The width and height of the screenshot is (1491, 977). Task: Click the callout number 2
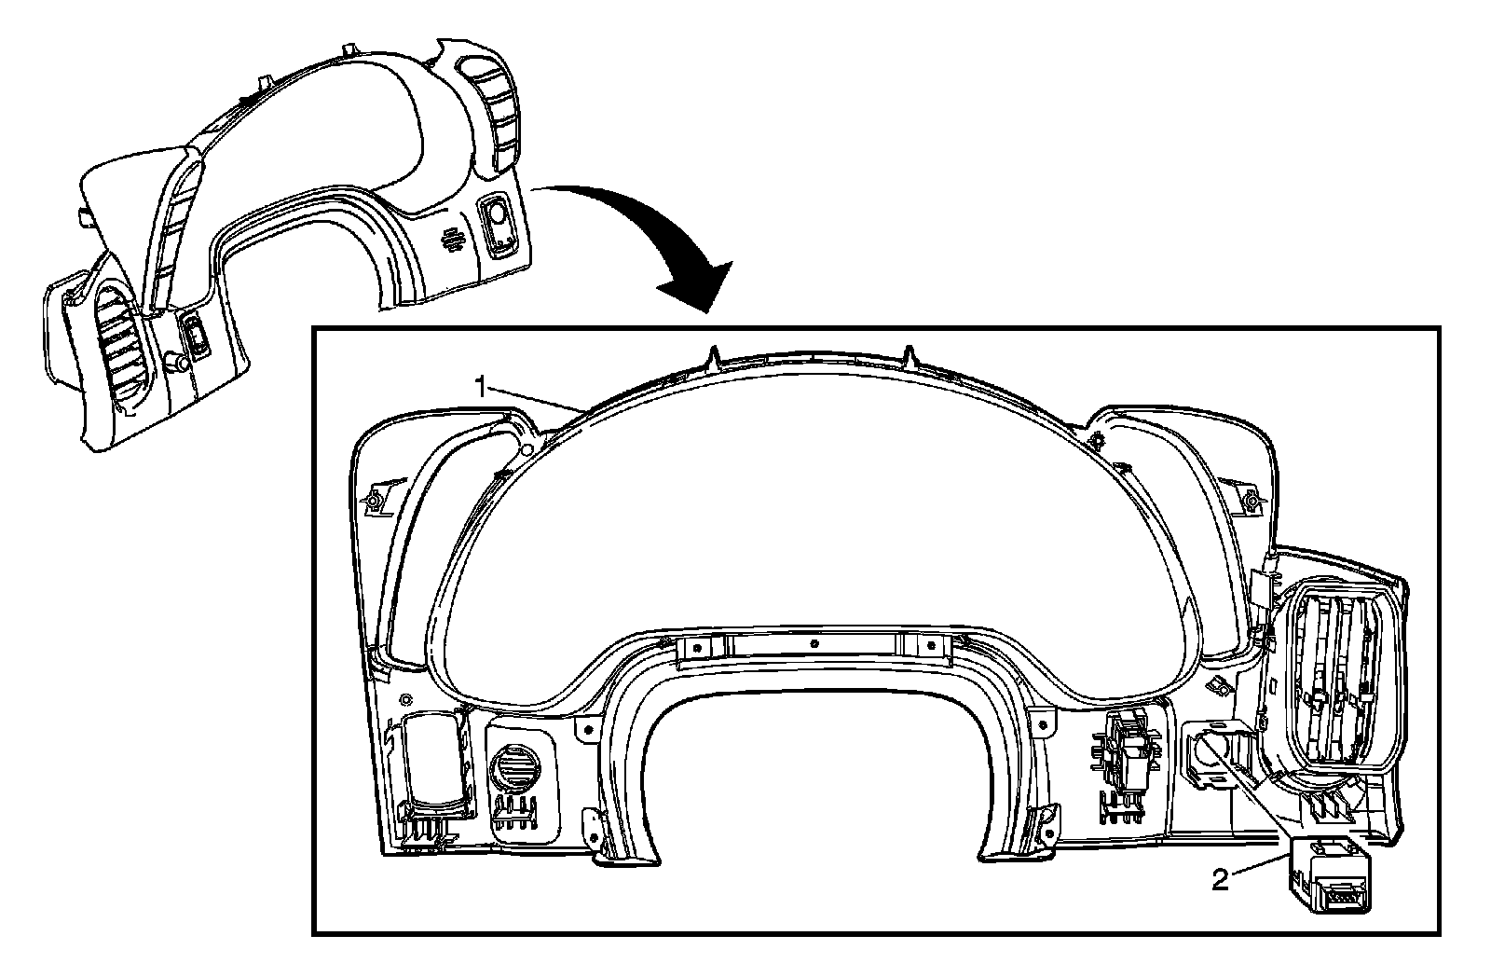pos(1220,879)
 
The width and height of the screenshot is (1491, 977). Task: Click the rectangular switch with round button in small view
pos(497,224)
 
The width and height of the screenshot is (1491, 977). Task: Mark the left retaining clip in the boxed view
pos(374,499)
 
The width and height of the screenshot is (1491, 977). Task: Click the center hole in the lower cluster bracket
pos(814,642)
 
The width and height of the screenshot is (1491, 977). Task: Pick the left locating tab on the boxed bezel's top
pos(714,355)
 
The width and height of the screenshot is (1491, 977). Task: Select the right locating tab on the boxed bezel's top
pos(911,355)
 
